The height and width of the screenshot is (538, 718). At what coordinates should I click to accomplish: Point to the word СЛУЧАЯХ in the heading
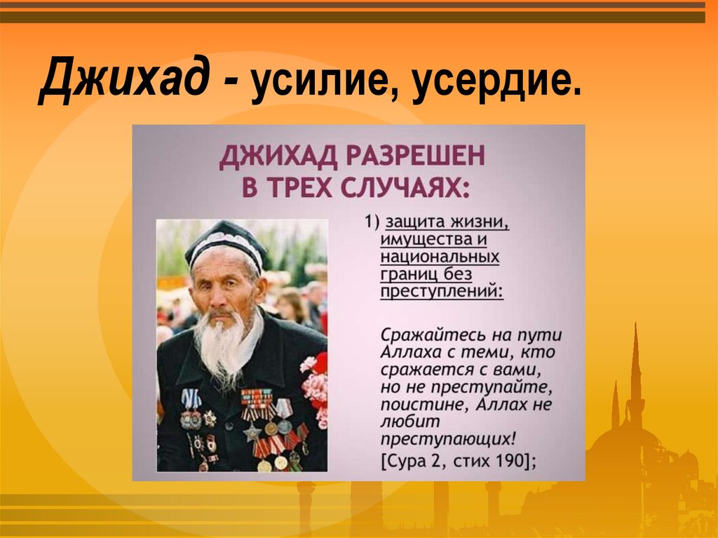point(396,187)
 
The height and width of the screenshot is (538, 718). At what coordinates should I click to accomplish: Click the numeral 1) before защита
point(371,222)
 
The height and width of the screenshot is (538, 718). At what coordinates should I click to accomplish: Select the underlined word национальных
point(440,257)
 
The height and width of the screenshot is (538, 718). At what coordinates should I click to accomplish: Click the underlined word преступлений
point(441,291)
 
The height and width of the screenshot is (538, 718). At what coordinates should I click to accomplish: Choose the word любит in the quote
point(402,422)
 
